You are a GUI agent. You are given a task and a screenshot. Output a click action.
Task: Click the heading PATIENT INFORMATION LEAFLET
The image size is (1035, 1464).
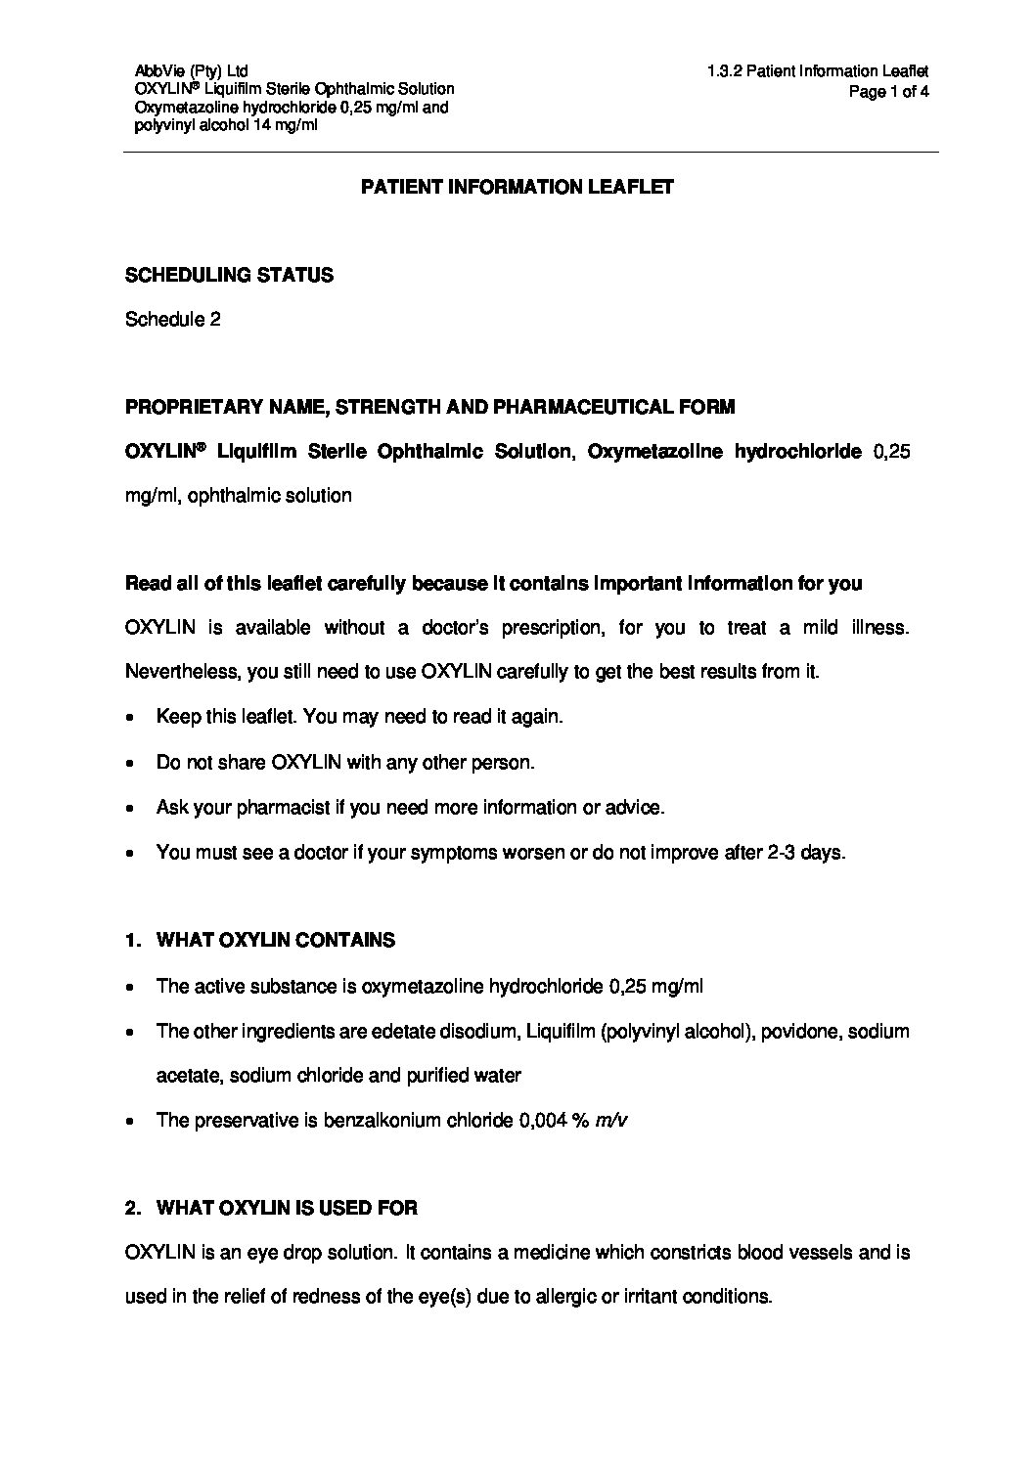tap(517, 187)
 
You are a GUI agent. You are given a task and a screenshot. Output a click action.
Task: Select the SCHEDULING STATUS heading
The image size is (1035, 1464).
tap(229, 275)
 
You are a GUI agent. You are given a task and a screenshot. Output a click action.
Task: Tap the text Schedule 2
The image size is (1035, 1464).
tap(172, 319)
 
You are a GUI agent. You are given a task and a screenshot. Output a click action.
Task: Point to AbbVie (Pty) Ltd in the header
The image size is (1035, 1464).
tap(191, 70)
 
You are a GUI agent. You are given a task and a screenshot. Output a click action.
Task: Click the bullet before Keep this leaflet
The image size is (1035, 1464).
tap(131, 718)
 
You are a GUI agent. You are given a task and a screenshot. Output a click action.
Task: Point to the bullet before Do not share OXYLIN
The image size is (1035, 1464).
tap(131, 763)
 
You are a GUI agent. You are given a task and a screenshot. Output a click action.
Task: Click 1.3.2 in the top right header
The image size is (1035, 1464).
tap(723, 70)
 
